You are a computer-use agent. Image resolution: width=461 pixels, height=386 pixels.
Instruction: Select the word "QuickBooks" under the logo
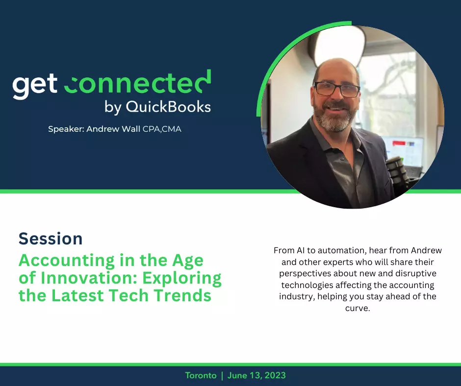point(169,106)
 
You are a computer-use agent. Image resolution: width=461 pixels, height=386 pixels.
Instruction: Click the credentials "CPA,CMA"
point(162,129)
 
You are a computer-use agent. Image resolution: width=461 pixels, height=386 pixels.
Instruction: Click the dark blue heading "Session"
point(51,239)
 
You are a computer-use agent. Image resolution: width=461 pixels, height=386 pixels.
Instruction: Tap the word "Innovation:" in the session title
point(89,278)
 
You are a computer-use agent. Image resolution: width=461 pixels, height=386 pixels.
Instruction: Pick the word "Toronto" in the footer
point(201,375)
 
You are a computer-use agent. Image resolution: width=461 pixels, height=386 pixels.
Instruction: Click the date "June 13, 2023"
point(256,375)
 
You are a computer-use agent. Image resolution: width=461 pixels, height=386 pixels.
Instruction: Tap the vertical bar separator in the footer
point(222,376)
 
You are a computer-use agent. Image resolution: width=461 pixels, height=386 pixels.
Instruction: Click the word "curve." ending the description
point(358,308)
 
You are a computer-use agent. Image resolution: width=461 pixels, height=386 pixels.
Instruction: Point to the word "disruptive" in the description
point(416,273)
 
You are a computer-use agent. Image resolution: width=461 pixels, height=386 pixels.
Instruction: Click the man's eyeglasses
point(336,89)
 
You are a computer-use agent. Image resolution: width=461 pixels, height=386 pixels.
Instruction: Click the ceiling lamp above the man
point(338,44)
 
